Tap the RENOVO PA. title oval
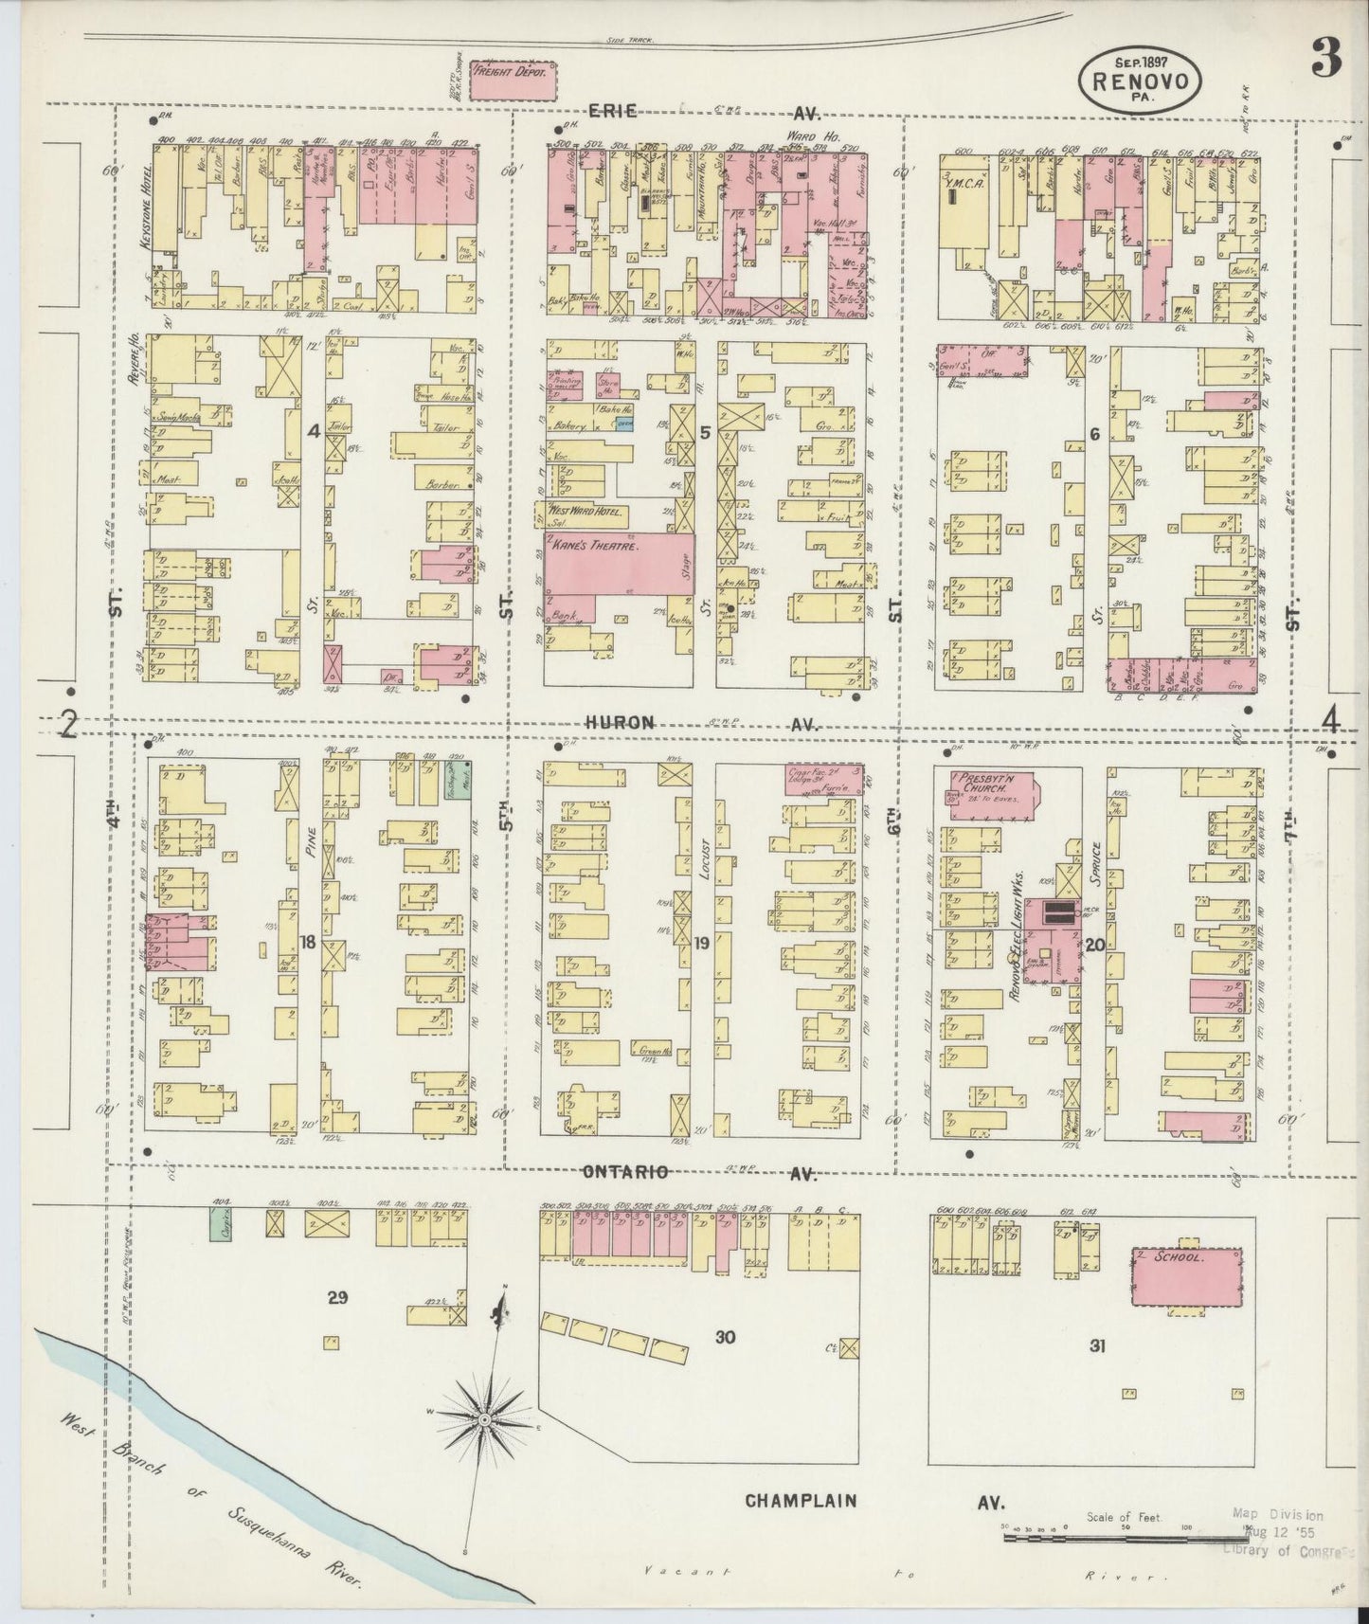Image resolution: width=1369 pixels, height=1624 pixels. click(1140, 81)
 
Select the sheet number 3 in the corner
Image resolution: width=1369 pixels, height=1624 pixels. click(1325, 62)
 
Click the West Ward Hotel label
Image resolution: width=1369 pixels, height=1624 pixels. click(587, 513)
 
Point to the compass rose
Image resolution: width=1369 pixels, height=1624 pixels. click(484, 1418)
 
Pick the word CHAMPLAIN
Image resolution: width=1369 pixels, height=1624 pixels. click(801, 1501)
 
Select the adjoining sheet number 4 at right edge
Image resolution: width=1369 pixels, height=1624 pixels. click(1331, 722)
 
